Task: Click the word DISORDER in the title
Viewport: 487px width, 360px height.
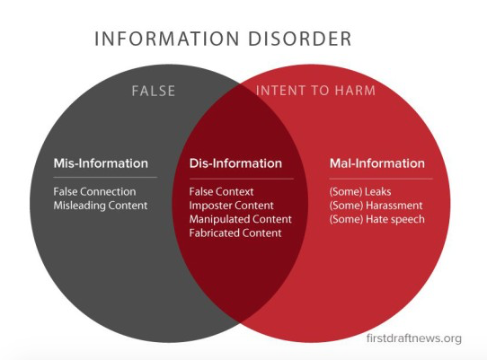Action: (300, 39)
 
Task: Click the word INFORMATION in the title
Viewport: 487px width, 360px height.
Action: (167, 39)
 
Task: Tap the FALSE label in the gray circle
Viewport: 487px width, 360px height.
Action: (154, 91)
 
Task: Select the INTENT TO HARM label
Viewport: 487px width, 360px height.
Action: (315, 91)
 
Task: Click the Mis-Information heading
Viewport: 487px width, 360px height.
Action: (101, 163)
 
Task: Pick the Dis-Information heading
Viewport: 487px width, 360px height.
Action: (235, 163)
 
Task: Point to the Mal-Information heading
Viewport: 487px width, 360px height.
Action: (377, 163)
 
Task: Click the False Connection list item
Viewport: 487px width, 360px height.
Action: (94, 191)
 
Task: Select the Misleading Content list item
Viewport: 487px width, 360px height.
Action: (101, 206)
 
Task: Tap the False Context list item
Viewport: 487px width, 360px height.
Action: (221, 191)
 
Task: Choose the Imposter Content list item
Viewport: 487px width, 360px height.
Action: (232, 206)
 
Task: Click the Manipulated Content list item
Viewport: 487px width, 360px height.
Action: (241, 219)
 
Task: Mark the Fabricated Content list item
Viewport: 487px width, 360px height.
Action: (235, 233)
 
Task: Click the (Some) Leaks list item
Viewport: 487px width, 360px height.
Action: (360, 191)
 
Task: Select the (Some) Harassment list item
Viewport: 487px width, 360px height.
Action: (376, 206)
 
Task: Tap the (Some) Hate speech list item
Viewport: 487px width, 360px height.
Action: (377, 219)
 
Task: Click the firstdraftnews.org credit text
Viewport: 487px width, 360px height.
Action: (413, 338)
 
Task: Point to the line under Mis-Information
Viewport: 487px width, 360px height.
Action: (105, 177)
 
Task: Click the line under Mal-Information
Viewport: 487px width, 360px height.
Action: (381, 179)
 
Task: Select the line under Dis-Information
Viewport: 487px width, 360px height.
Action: (242, 179)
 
